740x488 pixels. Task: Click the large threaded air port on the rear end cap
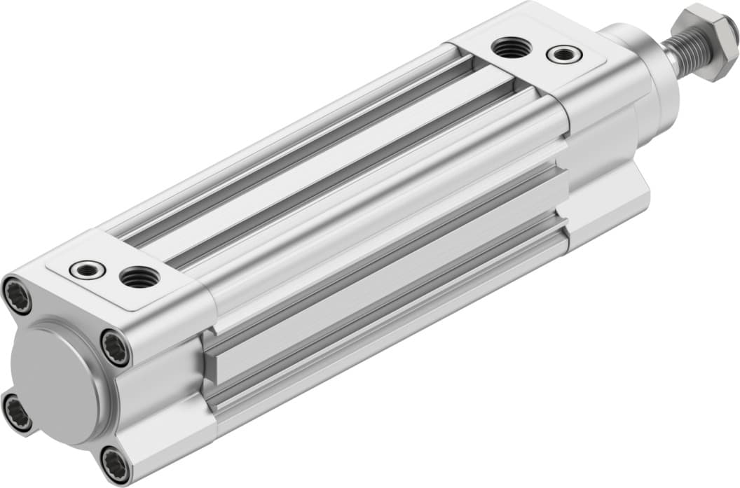[139, 278]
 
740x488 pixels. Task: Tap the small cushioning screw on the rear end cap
[89, 269]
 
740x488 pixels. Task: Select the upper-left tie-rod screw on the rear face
[17, 296]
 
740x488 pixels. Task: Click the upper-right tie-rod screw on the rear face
[115, 347]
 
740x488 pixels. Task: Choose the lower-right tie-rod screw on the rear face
[114, 463]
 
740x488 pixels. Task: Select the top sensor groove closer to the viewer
[350, 182]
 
